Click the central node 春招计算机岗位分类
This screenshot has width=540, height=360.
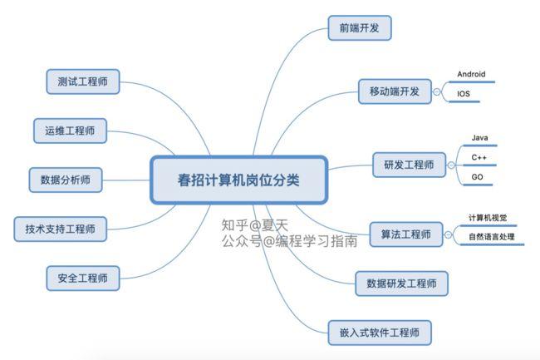238,180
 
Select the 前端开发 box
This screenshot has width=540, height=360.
360,28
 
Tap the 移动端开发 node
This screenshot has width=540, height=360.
395,91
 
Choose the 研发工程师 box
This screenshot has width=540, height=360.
409,165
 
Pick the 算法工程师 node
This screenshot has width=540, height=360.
406,234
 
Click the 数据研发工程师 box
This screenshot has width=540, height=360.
401,284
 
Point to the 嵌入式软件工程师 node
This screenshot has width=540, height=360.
380,333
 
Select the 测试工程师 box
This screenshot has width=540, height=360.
82,81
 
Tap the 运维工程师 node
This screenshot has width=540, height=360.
70,131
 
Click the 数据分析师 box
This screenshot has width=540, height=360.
66,180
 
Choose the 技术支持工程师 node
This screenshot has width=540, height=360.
61,229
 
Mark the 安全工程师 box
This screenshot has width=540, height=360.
82,278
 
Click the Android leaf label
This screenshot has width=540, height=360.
472,74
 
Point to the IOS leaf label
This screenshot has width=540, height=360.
464,94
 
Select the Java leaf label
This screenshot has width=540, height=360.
479,138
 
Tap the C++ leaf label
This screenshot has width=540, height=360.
479,157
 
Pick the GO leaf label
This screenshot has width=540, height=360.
478,177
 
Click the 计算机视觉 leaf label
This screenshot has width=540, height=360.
488,218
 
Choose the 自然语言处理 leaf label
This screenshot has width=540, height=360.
492,237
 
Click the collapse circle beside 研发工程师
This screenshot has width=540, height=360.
451,165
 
